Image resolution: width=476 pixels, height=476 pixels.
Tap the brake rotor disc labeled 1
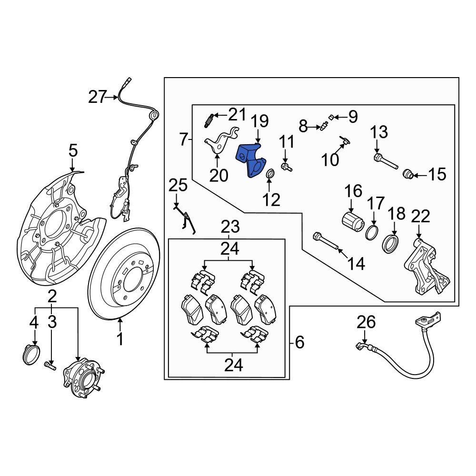(x=102, y=286)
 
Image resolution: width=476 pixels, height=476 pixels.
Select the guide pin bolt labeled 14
(x=327, y=241)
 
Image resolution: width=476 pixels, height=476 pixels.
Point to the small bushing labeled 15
(x=407, y=174)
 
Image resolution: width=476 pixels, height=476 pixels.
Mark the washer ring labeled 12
(x=269, y=175)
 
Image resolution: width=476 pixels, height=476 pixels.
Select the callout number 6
(x=299, y=342)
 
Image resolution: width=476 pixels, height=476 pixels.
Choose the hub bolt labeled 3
(x=50, y=366)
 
